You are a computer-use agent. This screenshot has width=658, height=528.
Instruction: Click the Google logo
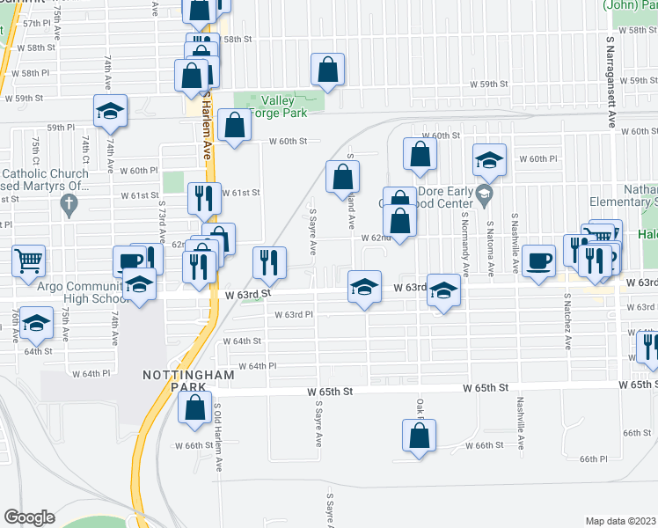tap(29, 517)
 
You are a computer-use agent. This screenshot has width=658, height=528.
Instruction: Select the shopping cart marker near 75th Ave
tap(28, 260)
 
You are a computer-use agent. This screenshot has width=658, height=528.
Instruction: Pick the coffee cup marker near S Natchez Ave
tap(537, 260)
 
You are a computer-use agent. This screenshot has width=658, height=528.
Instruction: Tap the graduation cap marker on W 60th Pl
tap(489, 159)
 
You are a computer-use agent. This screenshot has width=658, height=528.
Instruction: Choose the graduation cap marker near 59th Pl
tap(111, 110)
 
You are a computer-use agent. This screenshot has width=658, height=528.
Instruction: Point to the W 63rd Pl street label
tap(294, 314)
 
